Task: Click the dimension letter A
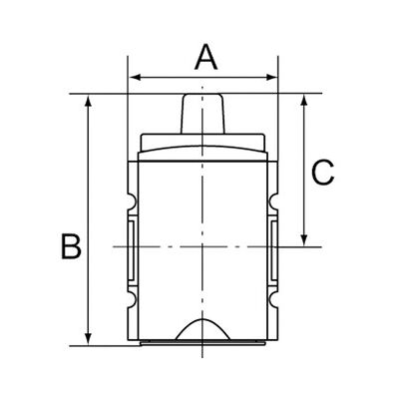206,58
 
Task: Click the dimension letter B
71,246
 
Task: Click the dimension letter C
323,173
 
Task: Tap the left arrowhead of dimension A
135,78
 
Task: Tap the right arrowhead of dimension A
272,78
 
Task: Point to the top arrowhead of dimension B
88,101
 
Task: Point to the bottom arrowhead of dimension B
88,339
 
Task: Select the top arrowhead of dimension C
303,101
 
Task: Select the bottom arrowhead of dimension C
303,240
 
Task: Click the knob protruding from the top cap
202,114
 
